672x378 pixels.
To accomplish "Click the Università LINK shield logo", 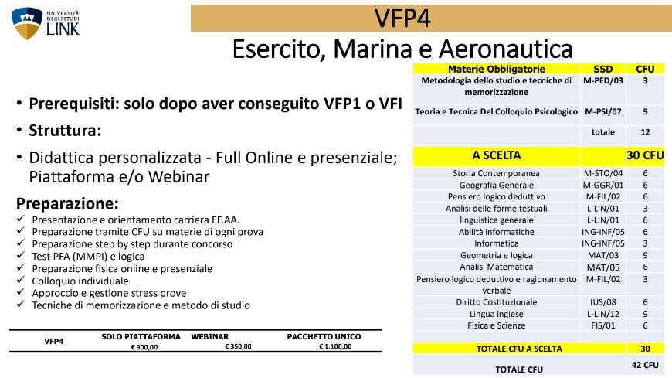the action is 27,23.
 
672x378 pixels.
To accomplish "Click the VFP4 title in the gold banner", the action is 402,18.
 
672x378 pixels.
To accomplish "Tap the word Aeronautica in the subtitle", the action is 506,49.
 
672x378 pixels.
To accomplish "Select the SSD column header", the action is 602,69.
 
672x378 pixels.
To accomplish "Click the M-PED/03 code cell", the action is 602,80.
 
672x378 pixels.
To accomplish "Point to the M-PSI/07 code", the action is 602,111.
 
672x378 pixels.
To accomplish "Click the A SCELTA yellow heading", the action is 497,155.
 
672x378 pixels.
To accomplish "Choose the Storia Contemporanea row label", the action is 496,173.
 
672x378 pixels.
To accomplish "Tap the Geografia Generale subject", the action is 497,185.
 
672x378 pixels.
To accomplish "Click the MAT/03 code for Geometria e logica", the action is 602,255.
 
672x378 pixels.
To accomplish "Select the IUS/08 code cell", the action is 602,302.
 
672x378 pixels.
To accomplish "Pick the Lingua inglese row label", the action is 497,314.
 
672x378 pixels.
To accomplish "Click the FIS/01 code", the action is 602,325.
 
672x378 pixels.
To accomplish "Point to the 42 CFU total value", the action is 644,365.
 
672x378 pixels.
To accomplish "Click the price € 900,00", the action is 144,347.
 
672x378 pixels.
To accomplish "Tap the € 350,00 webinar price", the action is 238,346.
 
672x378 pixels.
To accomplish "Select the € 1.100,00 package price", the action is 335,346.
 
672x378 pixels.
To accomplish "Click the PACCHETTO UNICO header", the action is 324,337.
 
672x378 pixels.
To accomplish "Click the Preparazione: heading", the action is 67,203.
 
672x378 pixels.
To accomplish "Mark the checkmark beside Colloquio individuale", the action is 21,280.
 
